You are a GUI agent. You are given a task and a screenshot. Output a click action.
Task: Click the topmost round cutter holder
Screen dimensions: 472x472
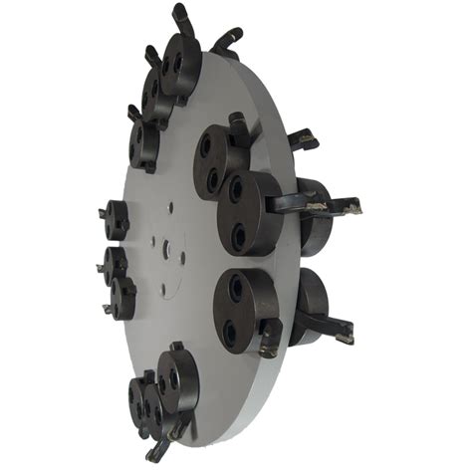coord(181,64)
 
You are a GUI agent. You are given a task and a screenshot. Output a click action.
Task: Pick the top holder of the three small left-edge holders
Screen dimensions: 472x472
coord(117,219)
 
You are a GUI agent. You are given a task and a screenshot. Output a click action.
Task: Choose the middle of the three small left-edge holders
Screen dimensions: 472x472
coord(115,265)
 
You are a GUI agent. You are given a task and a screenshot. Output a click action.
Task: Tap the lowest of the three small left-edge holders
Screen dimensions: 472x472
coord(123,297)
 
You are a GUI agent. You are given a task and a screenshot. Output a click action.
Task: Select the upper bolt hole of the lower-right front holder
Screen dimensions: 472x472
coord(236,290)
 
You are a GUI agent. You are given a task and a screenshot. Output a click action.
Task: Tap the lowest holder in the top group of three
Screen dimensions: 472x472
coord(144,143)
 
